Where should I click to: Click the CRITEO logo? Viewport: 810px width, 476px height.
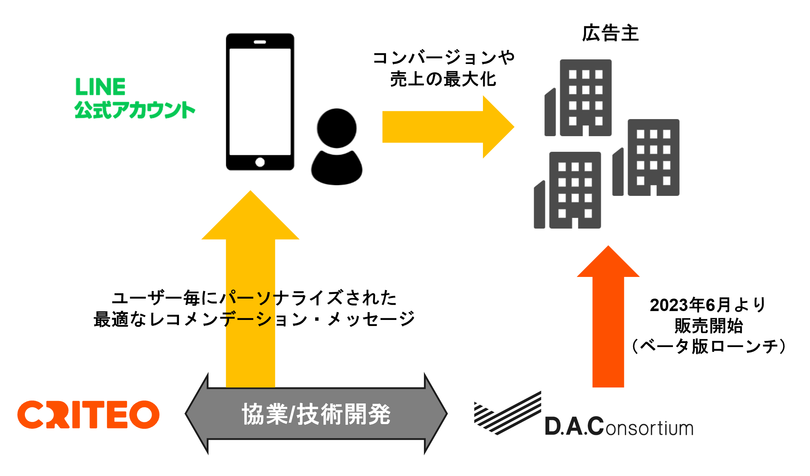click(88, 415)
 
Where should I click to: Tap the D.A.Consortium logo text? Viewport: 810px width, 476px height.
click(619, 427)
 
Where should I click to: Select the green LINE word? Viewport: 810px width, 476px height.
click(100, 87)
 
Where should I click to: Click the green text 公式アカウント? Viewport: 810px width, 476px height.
click(135, 110)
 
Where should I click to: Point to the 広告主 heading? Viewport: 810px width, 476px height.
click(610, 33)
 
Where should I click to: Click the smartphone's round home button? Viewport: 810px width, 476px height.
click(260, 162)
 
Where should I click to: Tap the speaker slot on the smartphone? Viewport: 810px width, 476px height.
click(260, 42)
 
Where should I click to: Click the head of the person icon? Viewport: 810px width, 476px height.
click(337, 128)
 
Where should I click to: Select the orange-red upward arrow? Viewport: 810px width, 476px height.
click(608, 316)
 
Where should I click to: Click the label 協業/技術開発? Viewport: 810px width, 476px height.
click(316, 414)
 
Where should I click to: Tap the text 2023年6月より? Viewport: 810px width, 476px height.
click(707, 305)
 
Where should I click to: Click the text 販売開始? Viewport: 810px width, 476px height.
click(708, 326)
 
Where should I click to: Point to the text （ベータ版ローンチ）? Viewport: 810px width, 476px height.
click(708, 346)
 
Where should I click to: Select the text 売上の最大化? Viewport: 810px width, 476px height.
click(443, 79)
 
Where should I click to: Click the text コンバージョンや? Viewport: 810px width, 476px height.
click(444, 58)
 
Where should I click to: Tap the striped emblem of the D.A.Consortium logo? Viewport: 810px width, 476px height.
click(507, 413)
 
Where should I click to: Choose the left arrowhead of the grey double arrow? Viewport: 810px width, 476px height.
click(196, 414)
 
